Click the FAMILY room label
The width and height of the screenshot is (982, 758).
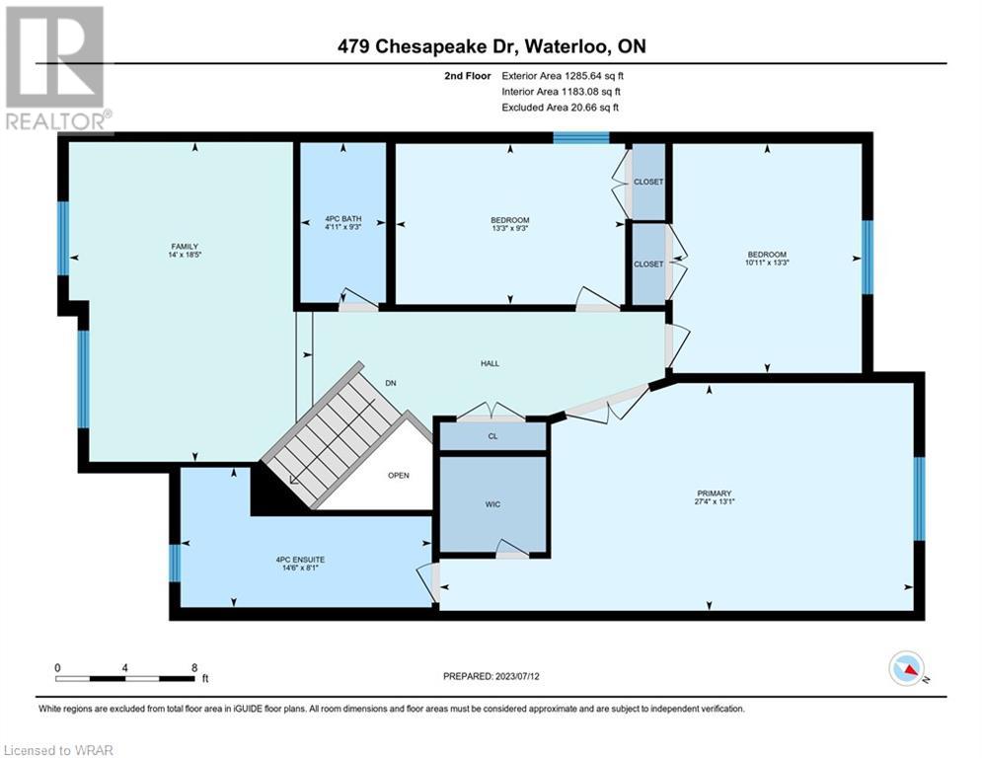(185, 247)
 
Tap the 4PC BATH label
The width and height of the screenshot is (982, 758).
(343, 219)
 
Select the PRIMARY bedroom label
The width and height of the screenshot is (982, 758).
(714, 493)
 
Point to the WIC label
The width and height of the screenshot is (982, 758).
(492, 504)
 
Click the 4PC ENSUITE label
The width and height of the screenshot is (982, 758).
(301, 560)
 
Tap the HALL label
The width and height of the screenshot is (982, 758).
(490, 363)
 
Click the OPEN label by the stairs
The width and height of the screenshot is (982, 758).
(399, 476)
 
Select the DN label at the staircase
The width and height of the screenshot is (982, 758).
(391, 383)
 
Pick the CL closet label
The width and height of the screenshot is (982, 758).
(492, 436)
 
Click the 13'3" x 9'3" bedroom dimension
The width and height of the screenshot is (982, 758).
(510, 228)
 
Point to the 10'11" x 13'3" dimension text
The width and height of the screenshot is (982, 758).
(767, 263)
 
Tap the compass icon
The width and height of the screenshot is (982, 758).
(907, 668)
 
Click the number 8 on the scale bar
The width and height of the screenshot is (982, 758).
(194, 668)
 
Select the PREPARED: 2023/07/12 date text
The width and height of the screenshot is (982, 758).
(491, 676)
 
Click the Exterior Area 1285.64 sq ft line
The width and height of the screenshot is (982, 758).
(563, 76)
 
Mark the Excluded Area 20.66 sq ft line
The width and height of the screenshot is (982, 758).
(560, 108)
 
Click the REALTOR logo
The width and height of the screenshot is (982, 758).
(56, 69)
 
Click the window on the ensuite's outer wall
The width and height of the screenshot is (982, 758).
(176, 563)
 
